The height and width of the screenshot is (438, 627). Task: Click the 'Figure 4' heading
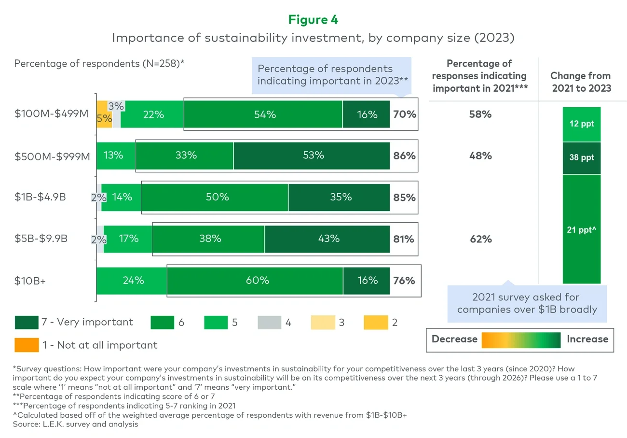tap(313, 19)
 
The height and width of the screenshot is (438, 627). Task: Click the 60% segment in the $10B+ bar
tap(255, 281)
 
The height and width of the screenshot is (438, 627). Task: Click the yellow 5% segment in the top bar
tap(104, 114)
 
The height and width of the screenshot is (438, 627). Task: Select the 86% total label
tap(404, 156)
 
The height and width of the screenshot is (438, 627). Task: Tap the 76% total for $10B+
tap(404, 281)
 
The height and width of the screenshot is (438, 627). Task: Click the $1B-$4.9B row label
tap(40, 197)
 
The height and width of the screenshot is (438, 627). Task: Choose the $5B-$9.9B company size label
tap(40, 239)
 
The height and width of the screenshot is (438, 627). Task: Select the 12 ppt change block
tap(581, 124)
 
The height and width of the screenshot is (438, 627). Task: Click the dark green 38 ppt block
tap(581, 158)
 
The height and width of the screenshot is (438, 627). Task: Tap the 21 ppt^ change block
tap(581, 229)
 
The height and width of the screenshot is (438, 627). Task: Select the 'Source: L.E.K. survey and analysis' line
tap(76, 424)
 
